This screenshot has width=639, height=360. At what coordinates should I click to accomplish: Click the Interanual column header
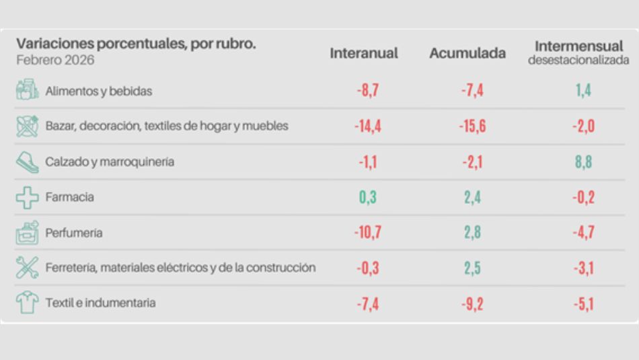[364, 53]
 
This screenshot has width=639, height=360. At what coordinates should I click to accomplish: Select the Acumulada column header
[467, 53]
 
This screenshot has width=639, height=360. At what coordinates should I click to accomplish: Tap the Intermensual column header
[578, 47]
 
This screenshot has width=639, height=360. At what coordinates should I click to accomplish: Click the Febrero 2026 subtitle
[56, 61]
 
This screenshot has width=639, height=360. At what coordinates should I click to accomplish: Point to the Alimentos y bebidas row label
[99, 92]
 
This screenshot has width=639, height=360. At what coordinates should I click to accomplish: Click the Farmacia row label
[69, 198]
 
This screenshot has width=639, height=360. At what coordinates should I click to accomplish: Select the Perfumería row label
[74, 233]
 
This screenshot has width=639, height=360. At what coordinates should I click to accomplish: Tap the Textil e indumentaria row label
[100, 303]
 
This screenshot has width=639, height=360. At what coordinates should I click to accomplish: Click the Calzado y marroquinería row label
[110, 162]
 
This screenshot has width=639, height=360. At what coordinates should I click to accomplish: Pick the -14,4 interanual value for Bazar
[367, 127]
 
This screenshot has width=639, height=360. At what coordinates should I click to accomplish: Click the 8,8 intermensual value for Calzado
[583, 162]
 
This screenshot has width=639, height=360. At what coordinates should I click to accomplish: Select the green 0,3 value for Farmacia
[367, 198]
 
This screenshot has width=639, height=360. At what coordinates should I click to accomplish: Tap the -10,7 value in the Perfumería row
[367, 233]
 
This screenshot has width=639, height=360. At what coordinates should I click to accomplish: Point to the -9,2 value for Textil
[472, 303]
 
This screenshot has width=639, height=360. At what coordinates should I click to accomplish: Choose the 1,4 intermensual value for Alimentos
[583, 92]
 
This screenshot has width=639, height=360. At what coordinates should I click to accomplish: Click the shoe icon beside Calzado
[28, 162]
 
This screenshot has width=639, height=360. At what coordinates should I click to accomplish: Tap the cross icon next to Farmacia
[28, 198]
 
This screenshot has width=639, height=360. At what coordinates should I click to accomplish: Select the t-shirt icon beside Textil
[28, 303]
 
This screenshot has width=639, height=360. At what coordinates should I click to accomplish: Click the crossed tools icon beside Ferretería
[28, 268]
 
